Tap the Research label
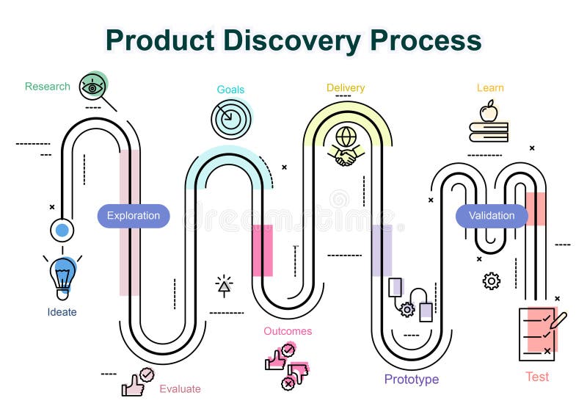(x=48, y=87)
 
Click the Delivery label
(x=346, y=88)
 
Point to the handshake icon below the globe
(x=346, y=156)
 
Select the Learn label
(x=490, y=88)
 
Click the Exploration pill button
(x=134, y=216)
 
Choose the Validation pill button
(x=492, y=216)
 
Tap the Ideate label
(x=62, y=312)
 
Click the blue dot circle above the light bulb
(x=62, y=231)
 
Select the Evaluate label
(x=180, y=389)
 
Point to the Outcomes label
(x=288, y=331)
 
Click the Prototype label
(x=412, y=380)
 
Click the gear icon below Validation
(x=492, y=280)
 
